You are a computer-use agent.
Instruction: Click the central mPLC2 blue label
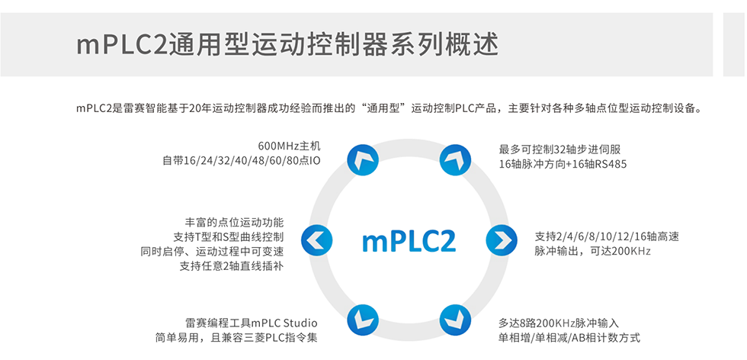(409, 240)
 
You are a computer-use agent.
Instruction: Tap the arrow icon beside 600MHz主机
(362, 159)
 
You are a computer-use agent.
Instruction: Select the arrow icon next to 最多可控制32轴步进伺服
(457, 159)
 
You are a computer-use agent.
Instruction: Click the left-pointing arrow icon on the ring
(317, 240)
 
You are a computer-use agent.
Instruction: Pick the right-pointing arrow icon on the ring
(502, 240)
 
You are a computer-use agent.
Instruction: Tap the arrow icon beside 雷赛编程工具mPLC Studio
(362, 320)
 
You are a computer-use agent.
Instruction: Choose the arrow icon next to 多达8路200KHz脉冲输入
(457, 320)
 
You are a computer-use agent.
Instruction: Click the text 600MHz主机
(289, 146)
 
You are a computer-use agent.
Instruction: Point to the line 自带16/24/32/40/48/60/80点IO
(241, 161)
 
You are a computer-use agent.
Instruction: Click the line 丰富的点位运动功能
(234, 222)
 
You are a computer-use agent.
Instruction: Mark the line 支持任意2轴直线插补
(232, 266)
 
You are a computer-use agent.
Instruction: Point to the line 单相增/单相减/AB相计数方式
(569, 338)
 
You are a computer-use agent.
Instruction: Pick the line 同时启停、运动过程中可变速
(212, 251)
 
